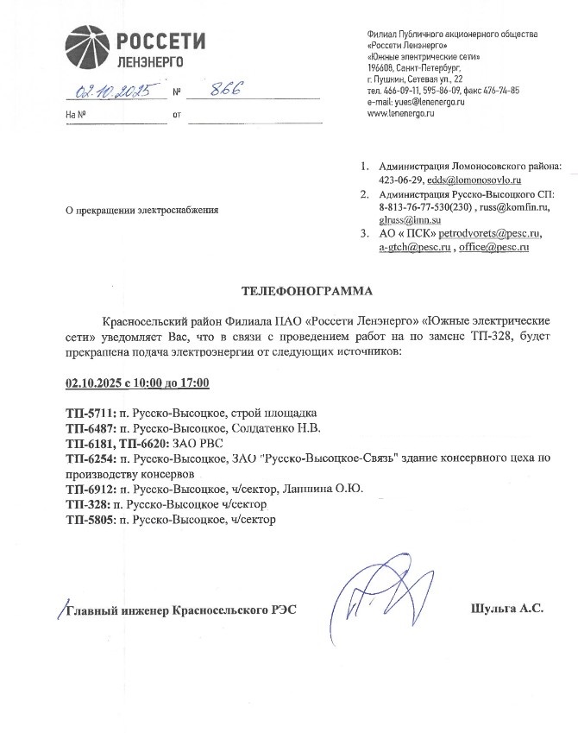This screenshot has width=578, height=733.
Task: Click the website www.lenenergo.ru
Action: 400,114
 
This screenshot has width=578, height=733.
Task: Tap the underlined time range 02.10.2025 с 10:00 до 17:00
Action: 138,382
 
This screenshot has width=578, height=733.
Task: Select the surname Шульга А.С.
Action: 507,610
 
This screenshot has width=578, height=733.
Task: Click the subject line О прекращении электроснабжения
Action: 142,210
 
